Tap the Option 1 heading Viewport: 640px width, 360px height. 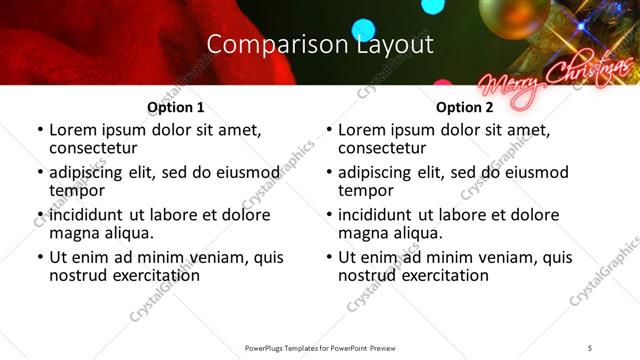175,107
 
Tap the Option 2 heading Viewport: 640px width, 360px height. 465,107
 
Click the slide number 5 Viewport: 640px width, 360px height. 590,347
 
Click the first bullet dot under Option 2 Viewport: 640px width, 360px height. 330,130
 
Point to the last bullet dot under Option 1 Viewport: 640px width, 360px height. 40,258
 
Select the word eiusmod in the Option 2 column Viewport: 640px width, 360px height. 532,172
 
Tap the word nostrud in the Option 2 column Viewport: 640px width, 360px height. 366,275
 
